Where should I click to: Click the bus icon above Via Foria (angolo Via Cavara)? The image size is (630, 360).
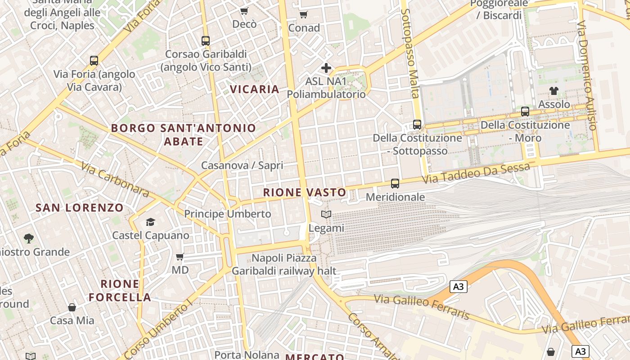(x=94, y=60)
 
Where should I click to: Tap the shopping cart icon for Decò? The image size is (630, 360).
(x=244, y=11)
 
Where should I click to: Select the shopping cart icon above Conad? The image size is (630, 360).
(x=304, y=14)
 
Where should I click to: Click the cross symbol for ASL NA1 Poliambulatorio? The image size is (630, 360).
(x=326, y=68)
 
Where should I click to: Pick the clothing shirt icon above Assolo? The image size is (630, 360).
(x=554, y=91)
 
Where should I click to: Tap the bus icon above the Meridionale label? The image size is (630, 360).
(x=395, y=183)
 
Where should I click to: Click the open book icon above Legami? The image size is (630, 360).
(x=326, y=215)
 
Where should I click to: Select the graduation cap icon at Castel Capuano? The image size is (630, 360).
(x=150, y=222)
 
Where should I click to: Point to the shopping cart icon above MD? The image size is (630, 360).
(x=180, y=257)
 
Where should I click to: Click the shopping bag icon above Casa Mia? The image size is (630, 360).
(x=72, y=307)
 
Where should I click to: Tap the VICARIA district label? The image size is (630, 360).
(x=255, y=89)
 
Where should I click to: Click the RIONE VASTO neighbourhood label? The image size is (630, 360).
(x=305, y=193)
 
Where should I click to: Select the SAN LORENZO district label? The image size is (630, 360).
(x=79, y=207)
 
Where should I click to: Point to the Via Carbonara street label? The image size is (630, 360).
(x=115, y=180)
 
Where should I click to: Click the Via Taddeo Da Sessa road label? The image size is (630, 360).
(x=476, y=175)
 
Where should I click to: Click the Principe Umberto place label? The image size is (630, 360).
(x=228, y=214)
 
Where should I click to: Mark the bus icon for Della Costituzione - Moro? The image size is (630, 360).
(x=525, y=112)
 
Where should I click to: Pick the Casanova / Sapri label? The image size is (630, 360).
(x=242, y=165)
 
